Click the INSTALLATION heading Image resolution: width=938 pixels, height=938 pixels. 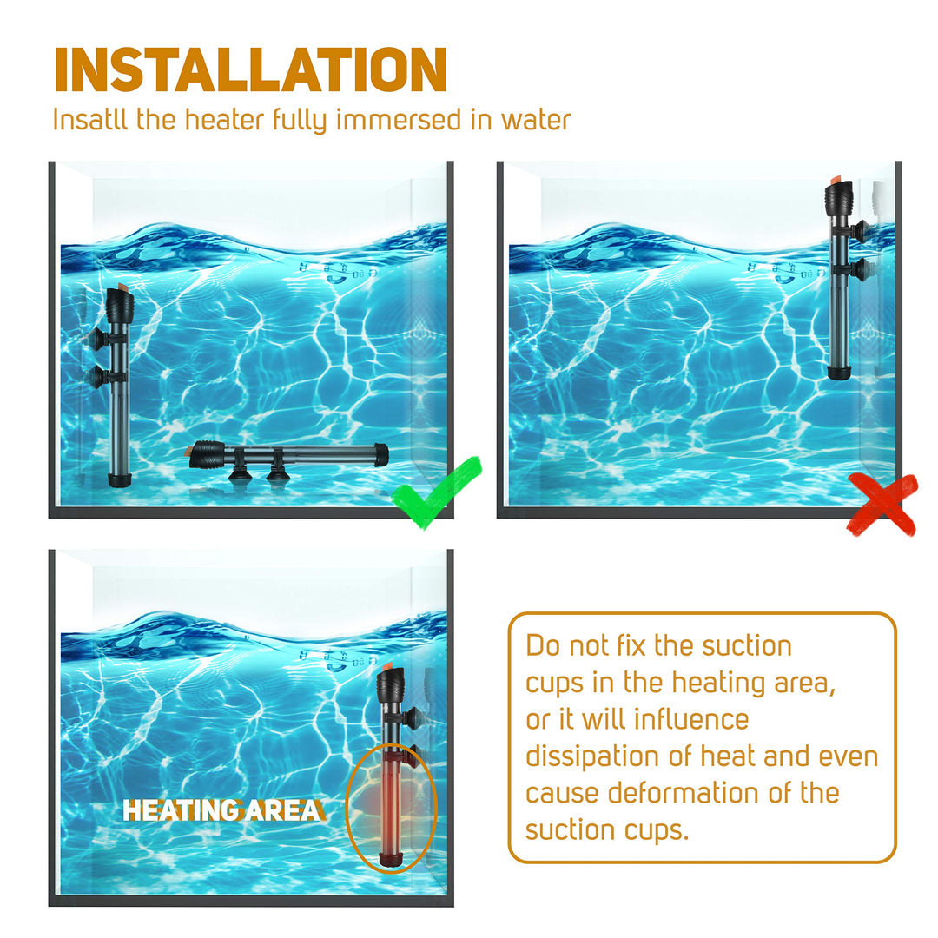[250, 69]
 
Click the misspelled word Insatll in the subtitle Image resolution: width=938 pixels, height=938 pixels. [90, 119]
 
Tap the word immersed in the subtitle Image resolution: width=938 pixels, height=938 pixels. [399, 119]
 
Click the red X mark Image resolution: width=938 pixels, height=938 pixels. [882, 503]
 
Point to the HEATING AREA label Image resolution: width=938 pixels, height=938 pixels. [222, 810]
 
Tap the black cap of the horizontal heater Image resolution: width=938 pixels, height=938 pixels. [207, 453]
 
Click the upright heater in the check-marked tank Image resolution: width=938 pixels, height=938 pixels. [117, 386]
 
